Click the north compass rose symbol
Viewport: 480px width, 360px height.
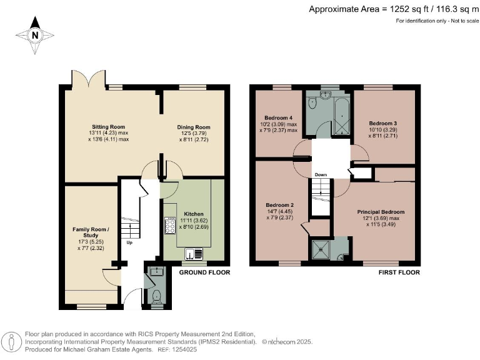click(x=36, y=36)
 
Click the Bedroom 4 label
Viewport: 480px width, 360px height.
click(x=278, y=118)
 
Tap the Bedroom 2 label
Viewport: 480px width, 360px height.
click(x=279, y=206)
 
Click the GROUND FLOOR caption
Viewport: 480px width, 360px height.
click(x=206, y=272)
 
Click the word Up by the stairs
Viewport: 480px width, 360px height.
click(x=129, y=242)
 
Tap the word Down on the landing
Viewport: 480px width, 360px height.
click(x=321, y=174)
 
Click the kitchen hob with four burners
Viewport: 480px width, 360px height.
click(x=169, y=224)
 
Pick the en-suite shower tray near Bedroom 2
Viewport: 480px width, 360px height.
click(x=321, y=250)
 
